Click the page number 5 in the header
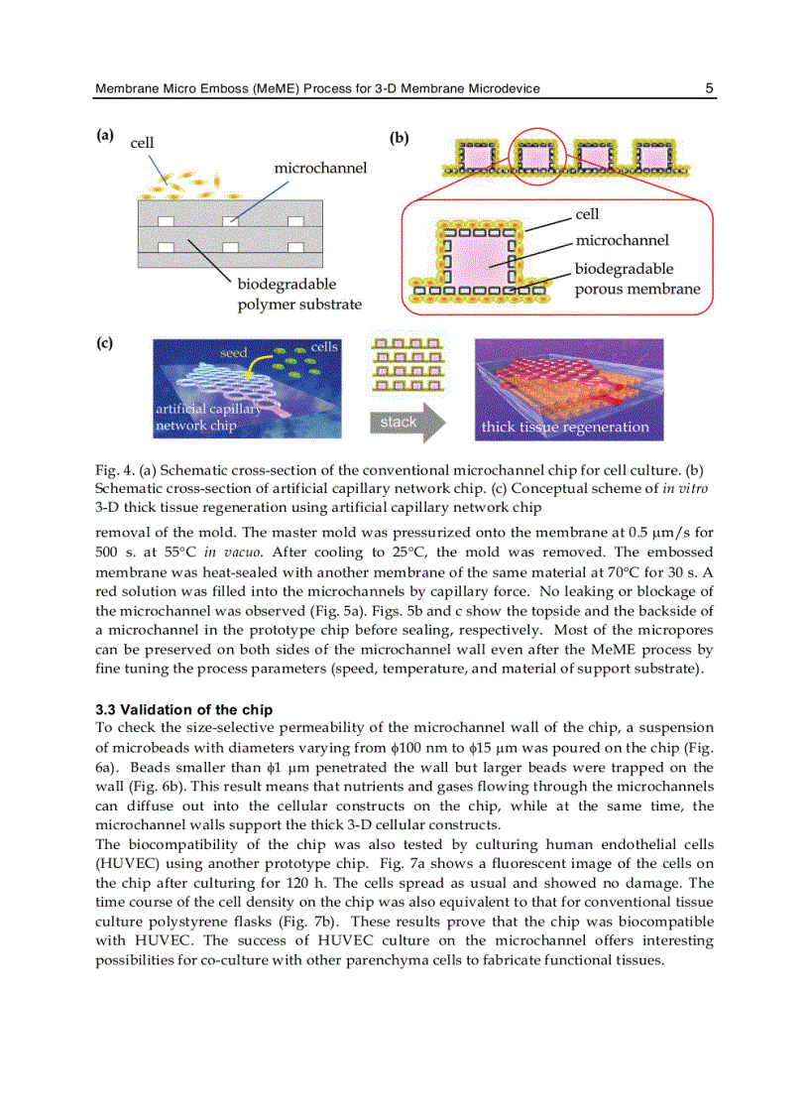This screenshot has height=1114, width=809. click(709, 88)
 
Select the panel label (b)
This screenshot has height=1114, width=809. click(399, 138)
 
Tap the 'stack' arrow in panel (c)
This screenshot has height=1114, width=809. click(407, 423)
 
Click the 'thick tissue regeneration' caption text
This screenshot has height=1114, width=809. click(565, 428)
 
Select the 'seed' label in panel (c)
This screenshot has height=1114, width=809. click(234, 353)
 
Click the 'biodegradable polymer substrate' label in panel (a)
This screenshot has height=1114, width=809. click(298, 295)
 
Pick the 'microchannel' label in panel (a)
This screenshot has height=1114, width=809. click(320, 168)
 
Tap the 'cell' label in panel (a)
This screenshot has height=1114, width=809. click(143, 144)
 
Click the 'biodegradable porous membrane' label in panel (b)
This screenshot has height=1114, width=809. click(637, 280)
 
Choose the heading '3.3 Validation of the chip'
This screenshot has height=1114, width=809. click(183, 709)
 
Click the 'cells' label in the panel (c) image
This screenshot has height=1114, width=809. click(324, 346)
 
